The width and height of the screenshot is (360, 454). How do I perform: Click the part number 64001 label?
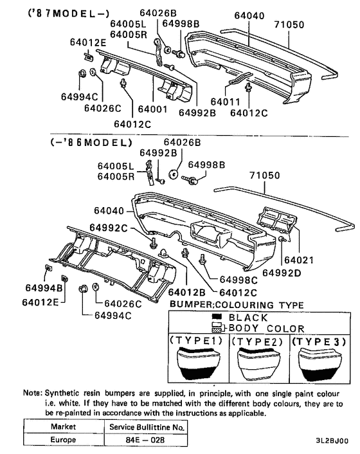click(152, 109)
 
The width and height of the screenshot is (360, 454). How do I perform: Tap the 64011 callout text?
click(226, 102)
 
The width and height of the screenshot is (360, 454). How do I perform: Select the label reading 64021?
click(299, 260)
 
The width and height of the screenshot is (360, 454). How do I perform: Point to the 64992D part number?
click(282, 273)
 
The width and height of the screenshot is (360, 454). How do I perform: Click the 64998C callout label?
click(239, 280)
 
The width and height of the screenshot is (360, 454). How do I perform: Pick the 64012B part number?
click(186, 293)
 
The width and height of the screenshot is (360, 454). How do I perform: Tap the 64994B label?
click(44, 288)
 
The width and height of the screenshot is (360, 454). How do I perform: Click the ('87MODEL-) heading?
click(69, 14)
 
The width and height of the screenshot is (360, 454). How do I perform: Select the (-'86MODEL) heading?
click(91, 143)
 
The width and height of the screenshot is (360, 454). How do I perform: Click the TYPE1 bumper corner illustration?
click(199, 363)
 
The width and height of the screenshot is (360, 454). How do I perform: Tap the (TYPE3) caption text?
click(319, 341)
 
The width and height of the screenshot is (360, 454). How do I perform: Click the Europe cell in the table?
click(63, 439)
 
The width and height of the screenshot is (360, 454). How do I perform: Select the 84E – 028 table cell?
click(145, 440)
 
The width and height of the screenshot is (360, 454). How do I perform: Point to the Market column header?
click(63, 426)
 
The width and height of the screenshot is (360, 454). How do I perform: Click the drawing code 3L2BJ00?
click(332, 440)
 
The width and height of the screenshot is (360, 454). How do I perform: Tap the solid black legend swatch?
click(217, 316)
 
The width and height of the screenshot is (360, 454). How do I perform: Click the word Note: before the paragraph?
click(33, 393)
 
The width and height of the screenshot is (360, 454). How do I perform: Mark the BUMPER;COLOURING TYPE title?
click(237, 305)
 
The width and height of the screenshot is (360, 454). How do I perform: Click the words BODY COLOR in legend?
click(267, 329)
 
